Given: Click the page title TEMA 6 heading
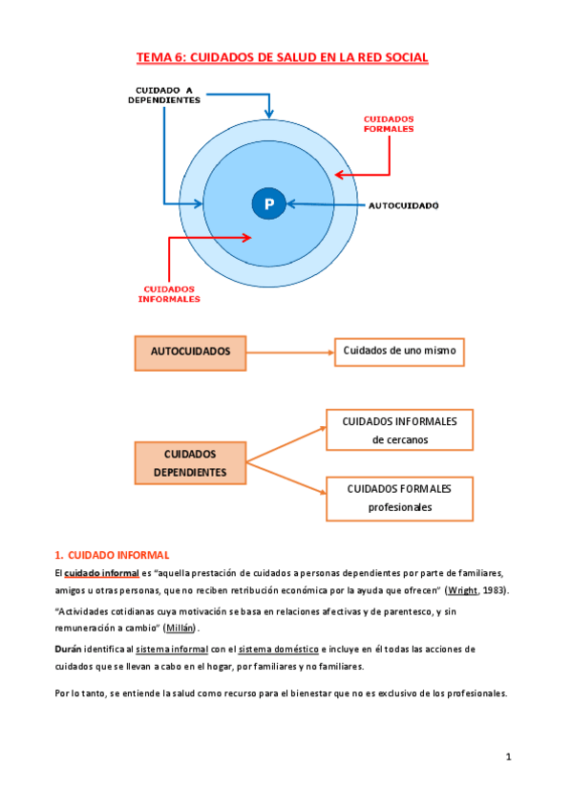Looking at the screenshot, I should [283, 58].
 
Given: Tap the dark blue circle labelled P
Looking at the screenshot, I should [269, 203].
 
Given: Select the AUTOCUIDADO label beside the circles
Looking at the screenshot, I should [404, 205].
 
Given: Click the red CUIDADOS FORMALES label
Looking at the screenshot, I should [389, 124].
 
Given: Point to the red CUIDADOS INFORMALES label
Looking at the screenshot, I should [172, 293].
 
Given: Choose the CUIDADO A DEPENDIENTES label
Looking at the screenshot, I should [164, 96].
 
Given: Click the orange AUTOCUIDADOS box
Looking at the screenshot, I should [191, 352].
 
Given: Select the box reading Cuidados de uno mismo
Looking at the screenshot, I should [399, 351].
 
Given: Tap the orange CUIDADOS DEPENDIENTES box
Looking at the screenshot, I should [190, 463].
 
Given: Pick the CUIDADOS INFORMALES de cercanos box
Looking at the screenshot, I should [400, 430].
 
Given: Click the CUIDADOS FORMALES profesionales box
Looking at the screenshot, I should [400, 498].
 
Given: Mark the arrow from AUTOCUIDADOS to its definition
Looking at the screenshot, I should [289, 352].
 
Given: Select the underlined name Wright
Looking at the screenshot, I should [462, 590].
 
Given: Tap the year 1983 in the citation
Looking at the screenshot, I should [495, 590].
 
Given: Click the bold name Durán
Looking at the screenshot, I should [69, 649].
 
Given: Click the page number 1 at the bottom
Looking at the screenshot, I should [509, 757].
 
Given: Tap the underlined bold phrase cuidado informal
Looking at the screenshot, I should [101, 572].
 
